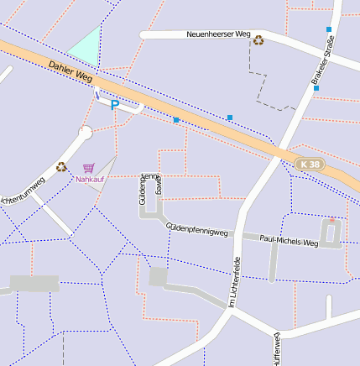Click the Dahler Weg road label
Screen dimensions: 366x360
click(x=70, y=70)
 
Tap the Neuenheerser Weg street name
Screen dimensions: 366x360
click(x=217, y=34)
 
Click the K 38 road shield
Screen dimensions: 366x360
click(x=309, y=165)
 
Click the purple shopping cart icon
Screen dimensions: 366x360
click(x=89, y=168)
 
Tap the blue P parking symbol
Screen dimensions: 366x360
click(x=115, y=106)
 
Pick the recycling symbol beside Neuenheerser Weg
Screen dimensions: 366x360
click(x=258, y=39)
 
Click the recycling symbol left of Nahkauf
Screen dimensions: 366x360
click(x=61, y=166)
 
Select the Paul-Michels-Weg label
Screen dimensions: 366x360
click(x=289, y=241)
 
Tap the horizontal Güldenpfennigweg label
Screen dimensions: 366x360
click(x=197, y=228)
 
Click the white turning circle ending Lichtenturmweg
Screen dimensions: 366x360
click(x=85, y=133)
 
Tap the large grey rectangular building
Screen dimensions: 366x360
click(x=34, y=283)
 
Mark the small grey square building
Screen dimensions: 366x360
click(x=158, y=276)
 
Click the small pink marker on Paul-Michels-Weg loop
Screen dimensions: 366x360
click(x=331, y=221)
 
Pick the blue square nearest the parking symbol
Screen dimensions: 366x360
click(x=176, y=120)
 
